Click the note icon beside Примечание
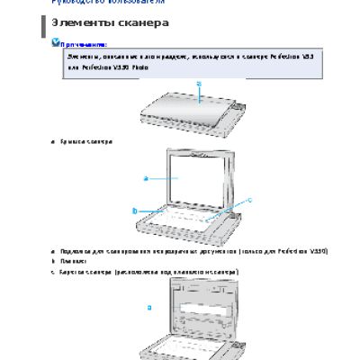pos(56,41)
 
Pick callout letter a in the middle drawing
pos(146,179)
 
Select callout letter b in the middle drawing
pos(134,211)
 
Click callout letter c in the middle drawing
pos(249,199)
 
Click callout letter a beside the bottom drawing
pos(149,307)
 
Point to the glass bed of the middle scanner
pos(193,220)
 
